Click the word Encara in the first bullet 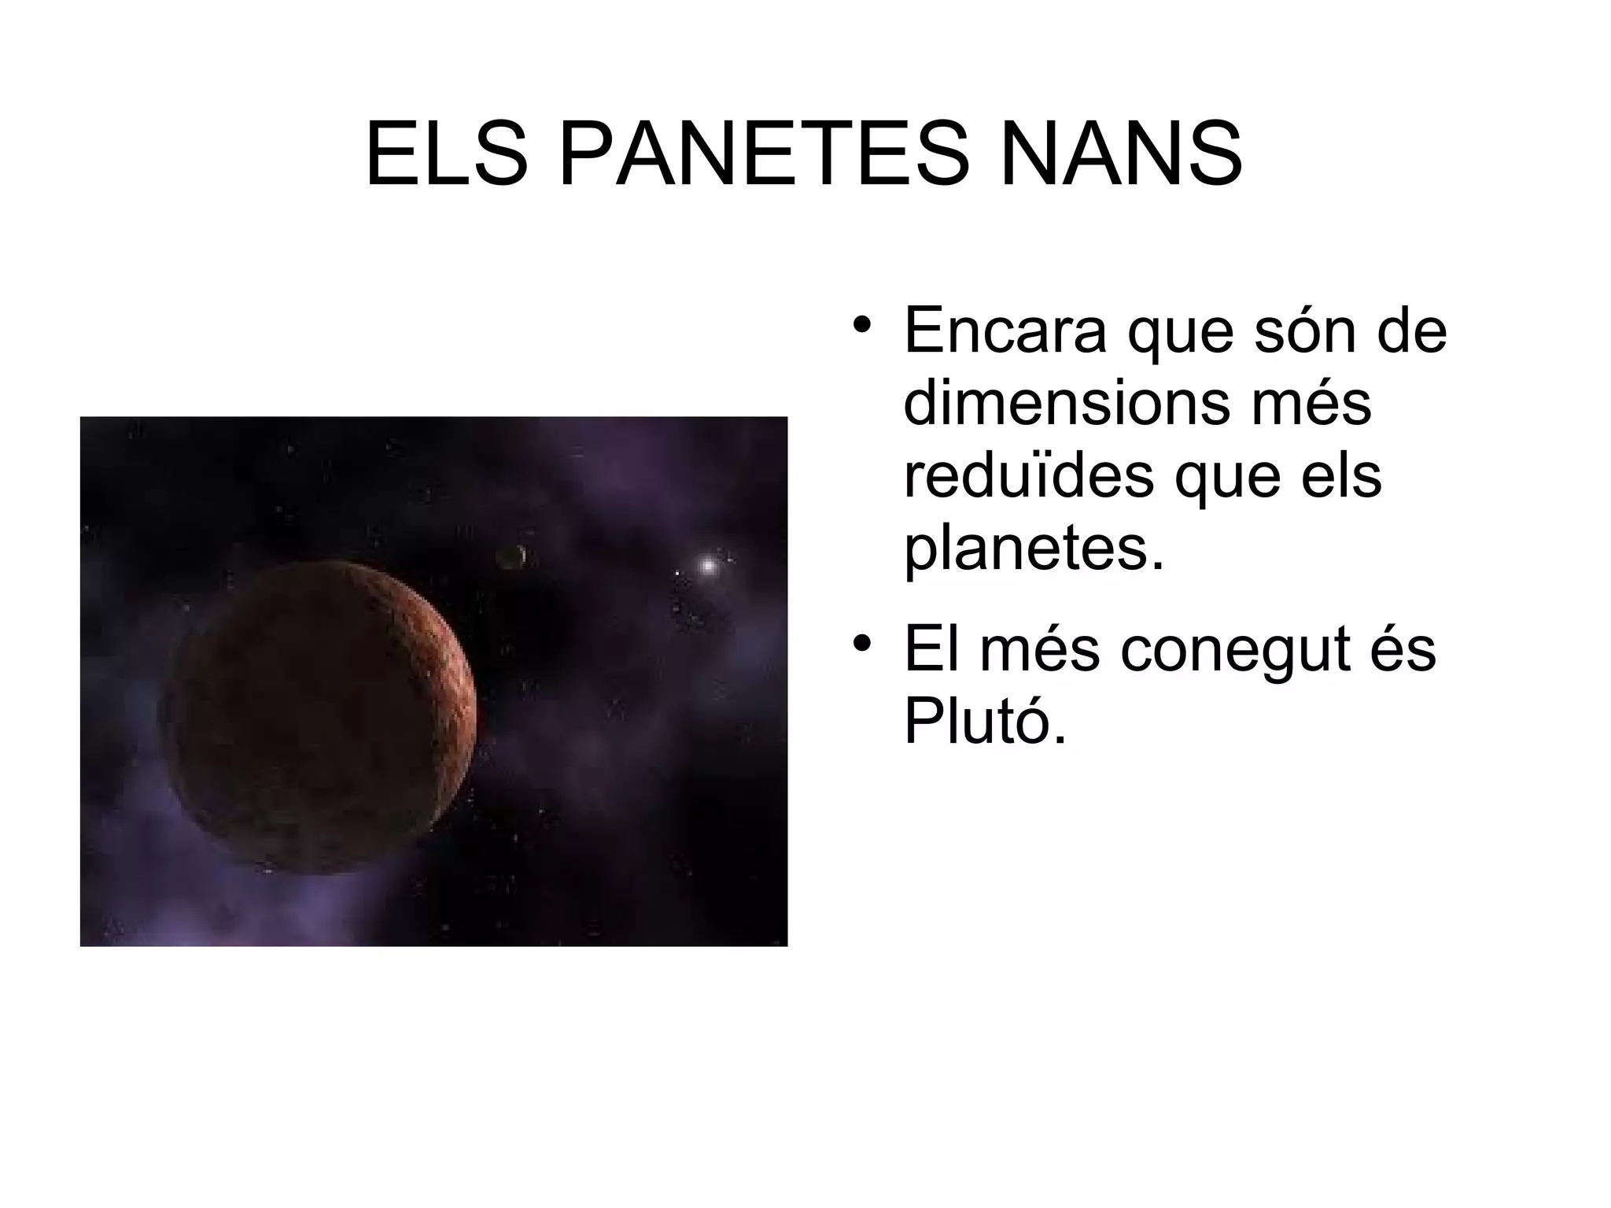[x=1005, y=331]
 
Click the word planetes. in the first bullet [x=1033, y=549]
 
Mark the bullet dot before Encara [x=862, y=325]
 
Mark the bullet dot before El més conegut [x=862, y=643]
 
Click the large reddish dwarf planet [x=318, y=716]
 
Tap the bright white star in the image [x=707, y=565]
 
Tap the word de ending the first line [x=1413, y=331]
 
